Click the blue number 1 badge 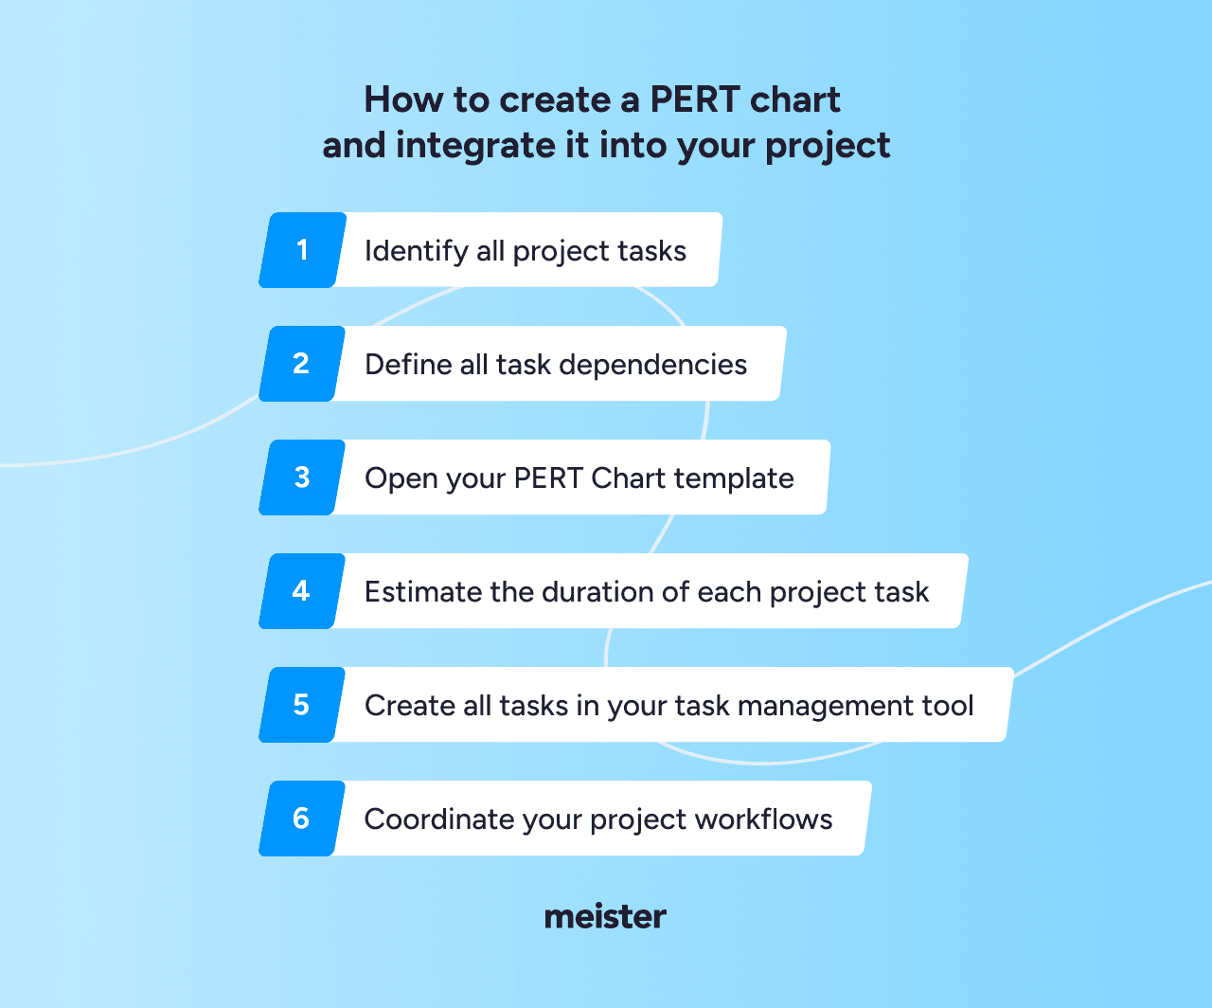(302, 250)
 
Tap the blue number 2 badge (302, 364)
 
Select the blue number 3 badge (302, 477)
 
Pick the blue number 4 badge (302, 591)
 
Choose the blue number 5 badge (302, 705)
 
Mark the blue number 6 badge (302, 819)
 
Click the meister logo (605, 917)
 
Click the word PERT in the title (695, 99)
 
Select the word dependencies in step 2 (652, 366)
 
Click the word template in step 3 (734, 479)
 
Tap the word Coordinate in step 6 (438, 819)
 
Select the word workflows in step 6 (763, 819)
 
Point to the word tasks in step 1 (651, 251)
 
